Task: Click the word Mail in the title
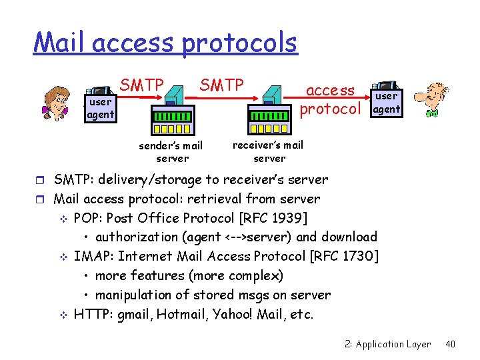61,43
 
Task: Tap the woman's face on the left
57,101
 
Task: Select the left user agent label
100,108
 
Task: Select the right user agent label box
386,103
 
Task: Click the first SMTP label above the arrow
141,85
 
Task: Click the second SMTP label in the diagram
221,85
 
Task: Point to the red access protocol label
330,99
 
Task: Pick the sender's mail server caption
171,152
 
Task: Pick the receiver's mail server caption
269,151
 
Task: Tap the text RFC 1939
281,218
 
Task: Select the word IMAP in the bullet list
90,256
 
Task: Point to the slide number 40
450,344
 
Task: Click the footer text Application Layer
393,344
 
